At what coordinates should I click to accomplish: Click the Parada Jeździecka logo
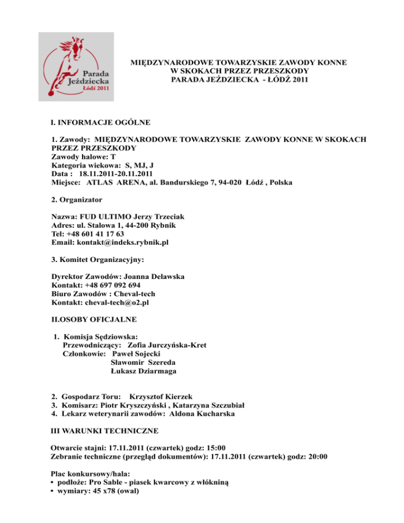coord(76,66)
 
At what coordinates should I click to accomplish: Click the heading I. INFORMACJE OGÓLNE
coord(97,123)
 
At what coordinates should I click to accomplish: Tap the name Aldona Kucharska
coord(191,414)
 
